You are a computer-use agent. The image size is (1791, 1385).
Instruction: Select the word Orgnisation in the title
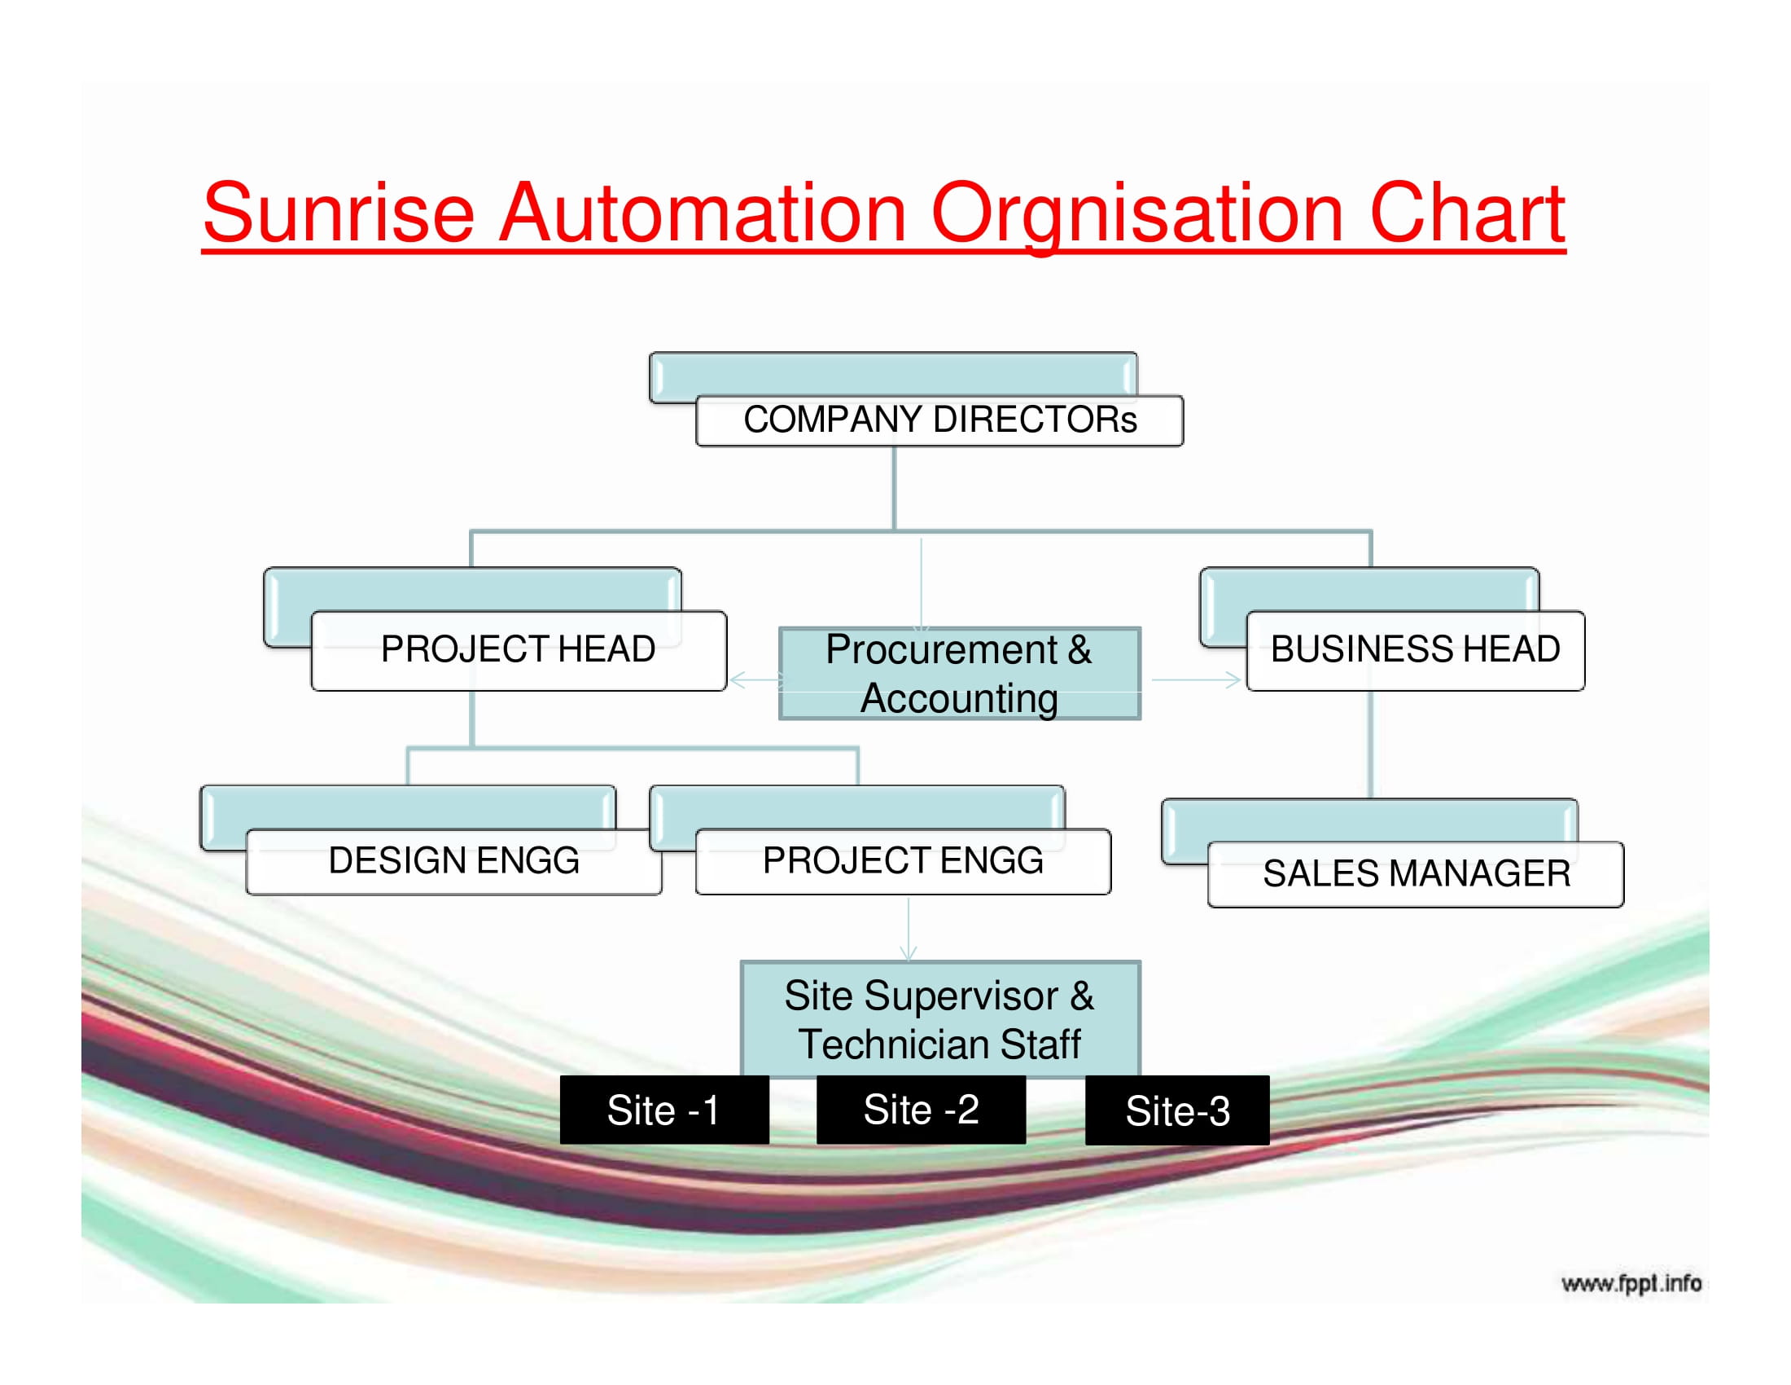(x=1137, y=215)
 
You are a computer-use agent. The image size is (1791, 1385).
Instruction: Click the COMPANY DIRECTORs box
(x=939, y=420)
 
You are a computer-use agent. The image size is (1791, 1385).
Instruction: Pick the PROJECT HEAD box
(x=519, y=650)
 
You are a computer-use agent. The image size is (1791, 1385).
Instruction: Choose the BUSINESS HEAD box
(x=1416, y=650)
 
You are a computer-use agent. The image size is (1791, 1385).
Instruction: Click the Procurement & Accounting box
(x=960, y=674)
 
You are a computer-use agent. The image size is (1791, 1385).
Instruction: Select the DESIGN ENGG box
(x=453, y=860)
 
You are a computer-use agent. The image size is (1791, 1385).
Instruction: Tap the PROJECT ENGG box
(x=903, y=860)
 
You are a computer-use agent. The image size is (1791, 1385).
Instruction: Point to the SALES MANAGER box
(x=1416, y=874)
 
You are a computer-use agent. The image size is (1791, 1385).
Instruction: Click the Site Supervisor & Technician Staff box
(x=940, y=1020)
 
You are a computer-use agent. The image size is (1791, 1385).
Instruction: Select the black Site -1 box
(x=664, y=1110)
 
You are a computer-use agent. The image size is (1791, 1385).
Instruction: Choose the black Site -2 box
(x=921, y=1110)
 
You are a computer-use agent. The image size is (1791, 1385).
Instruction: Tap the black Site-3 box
(x=1177, y=1111)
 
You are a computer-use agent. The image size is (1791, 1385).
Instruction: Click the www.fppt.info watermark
(x=1631, y=1283)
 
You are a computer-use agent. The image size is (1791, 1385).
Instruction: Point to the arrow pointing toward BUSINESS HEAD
(x=1196, y=679)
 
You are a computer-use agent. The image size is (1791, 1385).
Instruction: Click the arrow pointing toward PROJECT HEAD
(x=755, y=679)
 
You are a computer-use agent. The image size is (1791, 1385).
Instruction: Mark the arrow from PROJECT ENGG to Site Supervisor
(x=908, y=929)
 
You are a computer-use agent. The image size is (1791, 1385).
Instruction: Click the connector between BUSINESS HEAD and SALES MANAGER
(x=1369, y=744)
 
